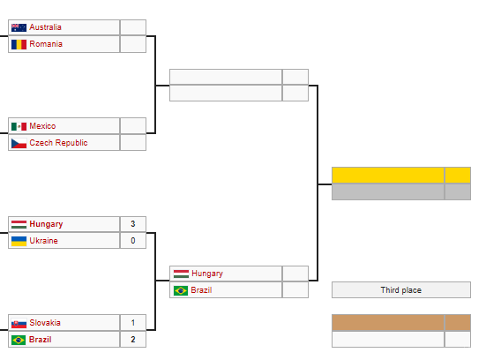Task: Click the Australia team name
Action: pos(45,27)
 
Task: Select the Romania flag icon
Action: pos(19,44)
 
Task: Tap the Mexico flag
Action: pos(19,126)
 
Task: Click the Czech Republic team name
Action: pos(58,143)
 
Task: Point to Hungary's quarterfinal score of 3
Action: pos(133,224)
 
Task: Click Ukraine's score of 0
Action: pos(133,241)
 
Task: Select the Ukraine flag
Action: pos(19,241)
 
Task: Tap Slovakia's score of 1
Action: pos(133,323)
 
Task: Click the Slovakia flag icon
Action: pos(19,324)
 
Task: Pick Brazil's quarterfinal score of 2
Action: pos(133,340)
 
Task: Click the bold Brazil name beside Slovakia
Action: pos(40,340)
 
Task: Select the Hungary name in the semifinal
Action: pos(207,274)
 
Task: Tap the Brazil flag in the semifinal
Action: pos(181,290)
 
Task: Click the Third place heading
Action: pos(401,290)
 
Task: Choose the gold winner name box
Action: pos(388,176)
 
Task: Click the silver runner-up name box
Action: pos(388,191)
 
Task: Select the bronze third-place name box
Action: pos(388,322)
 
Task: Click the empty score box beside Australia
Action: pos(133,27)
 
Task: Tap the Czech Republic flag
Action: pos(19,143)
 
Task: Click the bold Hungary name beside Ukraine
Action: pos(46,224)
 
